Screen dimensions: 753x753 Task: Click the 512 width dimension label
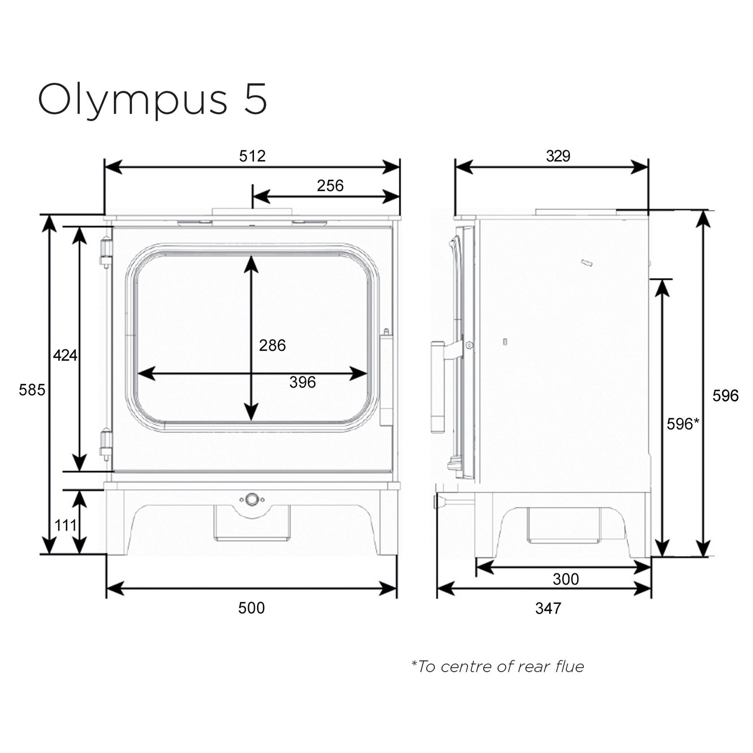(x=252, y=156)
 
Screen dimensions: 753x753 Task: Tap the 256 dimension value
(x=330, y=186)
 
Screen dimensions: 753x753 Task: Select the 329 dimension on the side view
(x=558, y=156)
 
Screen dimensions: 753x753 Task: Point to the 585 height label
(x=32, y=390)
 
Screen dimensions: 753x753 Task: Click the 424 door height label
(x=65, y=355)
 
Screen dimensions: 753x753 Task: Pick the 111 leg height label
(x=65, y=525)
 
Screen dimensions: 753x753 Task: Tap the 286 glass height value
(x=272, y=345)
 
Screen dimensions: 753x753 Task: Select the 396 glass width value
(x=302, y=383)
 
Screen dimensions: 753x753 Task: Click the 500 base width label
(x=252, y=608)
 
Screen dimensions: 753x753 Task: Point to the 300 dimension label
(x=566, y=579)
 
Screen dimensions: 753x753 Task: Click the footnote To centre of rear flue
(x=498, y=667)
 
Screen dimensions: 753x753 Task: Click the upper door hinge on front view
(x=106, y=252)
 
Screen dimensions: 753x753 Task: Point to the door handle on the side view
(x=438, y=387)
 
